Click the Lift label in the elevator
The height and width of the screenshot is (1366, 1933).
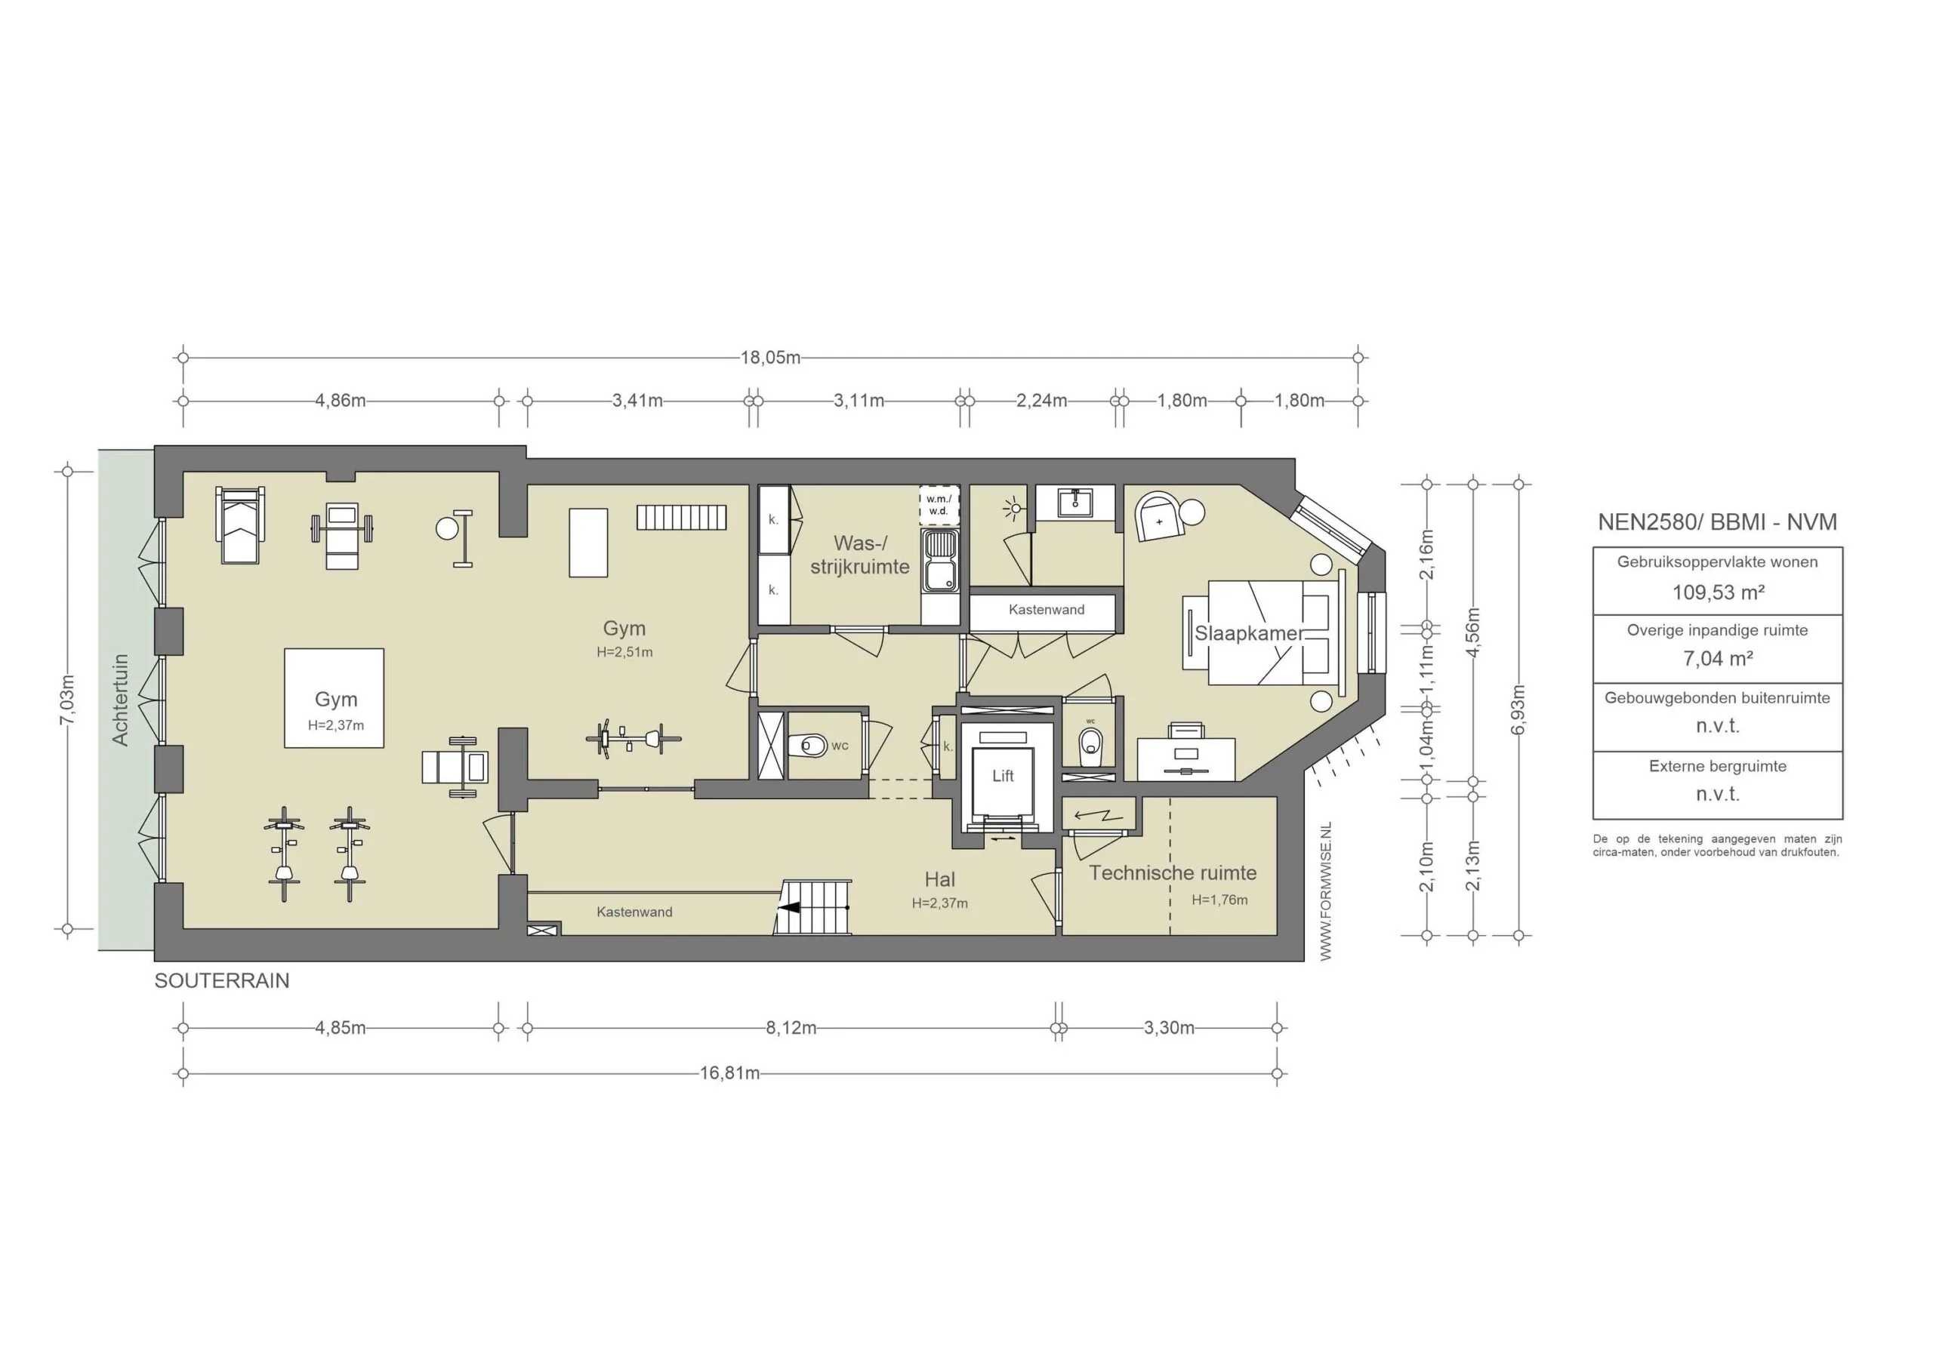1002,776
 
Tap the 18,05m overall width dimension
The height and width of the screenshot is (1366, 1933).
769,358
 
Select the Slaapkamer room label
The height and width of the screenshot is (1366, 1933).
1249,633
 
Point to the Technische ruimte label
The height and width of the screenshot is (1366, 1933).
1172,872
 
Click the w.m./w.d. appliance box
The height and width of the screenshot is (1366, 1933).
938,505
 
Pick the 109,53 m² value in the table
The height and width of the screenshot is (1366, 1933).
1718,592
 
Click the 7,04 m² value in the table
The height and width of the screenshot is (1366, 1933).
1718,659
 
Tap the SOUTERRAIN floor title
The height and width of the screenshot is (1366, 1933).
221,980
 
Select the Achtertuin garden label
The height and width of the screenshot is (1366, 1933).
120,700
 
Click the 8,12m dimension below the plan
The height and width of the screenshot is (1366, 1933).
791,1028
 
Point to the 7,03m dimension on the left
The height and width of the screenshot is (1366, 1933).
68,700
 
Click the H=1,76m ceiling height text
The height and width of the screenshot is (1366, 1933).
1219,900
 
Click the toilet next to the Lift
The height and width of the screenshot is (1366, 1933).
1090,743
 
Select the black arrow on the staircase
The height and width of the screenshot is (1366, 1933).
789,908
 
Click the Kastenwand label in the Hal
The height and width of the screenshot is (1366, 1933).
634,912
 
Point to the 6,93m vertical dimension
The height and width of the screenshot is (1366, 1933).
1518,709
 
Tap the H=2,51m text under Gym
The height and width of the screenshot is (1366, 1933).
624,651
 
